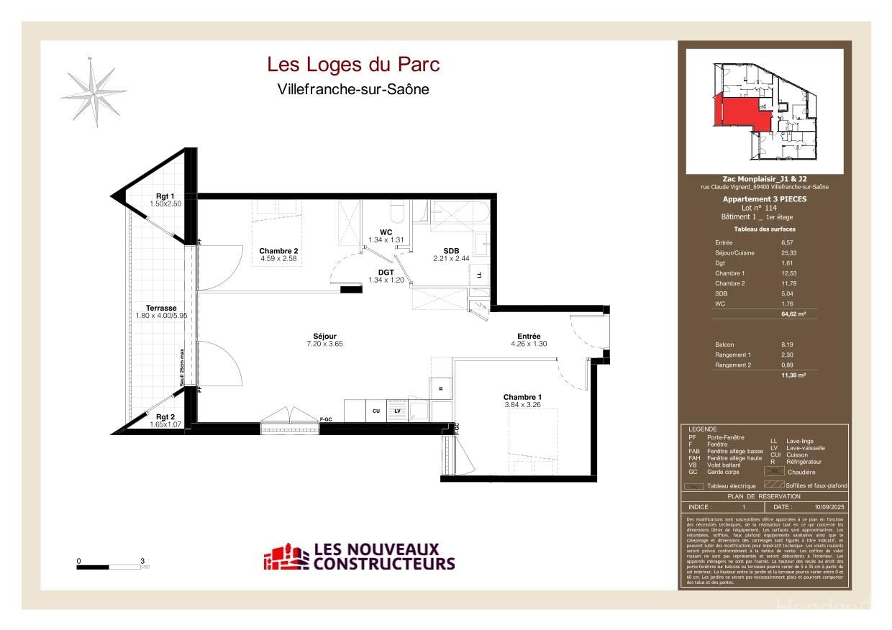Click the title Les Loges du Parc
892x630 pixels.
coord(353,65)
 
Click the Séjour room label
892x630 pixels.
coord(325,336)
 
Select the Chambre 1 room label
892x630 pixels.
coord(522,398)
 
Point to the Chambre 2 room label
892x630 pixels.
coord(278,251)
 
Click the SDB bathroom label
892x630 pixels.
coord(451,250)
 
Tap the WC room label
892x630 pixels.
coord(386,232)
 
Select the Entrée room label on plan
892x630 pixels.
coord(529,336)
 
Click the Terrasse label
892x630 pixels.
coord(160,308)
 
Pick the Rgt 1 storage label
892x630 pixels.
coord(165,196)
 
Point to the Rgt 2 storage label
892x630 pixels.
coord(165,416)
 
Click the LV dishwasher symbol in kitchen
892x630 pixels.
coord(396,411)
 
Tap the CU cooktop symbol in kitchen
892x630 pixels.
coord(376,411)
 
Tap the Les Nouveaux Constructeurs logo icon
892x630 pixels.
coord(286,557)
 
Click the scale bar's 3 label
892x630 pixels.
coord(142,560)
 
